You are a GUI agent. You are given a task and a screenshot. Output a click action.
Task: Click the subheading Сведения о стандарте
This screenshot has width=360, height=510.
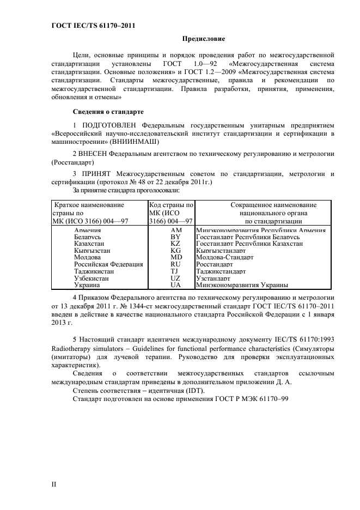click(x=108, y=112)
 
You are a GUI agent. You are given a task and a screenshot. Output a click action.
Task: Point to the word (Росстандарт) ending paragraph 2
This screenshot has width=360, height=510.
click(x=72, y=162)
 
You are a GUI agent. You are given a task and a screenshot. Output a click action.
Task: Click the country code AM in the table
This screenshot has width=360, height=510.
click(x=176, y=230)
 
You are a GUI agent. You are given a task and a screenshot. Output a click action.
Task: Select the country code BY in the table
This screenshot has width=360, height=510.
click(x=175, y=238)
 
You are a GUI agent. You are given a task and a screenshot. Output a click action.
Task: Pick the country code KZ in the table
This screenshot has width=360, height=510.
click(x=175, y=244)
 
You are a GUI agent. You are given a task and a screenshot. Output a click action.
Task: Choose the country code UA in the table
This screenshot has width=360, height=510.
click(x=175, y=284)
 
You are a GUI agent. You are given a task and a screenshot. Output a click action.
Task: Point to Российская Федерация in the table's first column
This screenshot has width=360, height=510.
click(x=108, y=264)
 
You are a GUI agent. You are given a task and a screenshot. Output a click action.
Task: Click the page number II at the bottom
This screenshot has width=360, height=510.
click(x=54, y=483)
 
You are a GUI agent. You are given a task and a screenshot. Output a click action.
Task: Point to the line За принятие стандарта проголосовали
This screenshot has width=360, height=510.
click(x=126, y=191)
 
